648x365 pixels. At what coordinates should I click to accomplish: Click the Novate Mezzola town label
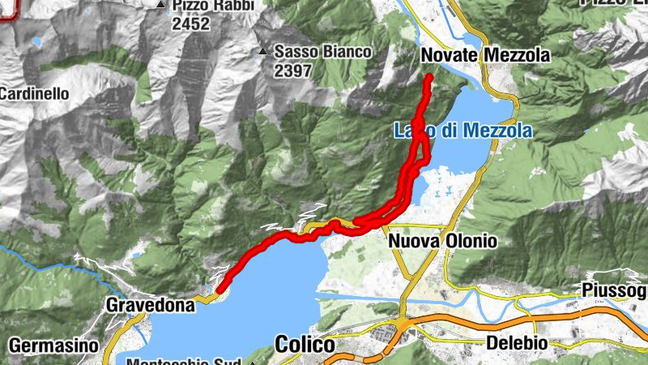tap(485, 55)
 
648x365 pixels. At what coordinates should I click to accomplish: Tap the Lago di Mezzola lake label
tap(463, 131)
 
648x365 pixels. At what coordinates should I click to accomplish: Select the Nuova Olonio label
tap(442, 242)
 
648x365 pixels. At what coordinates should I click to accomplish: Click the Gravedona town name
tap(151, 306)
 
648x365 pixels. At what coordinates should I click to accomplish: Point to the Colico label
tap(305, 344)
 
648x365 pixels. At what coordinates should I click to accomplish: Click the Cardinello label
tap(33, 93)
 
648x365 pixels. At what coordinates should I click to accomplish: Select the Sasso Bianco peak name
tap(322, 52)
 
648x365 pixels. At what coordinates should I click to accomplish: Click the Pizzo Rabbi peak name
tap(212, 6)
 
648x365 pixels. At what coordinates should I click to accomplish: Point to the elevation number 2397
tap(292, 71)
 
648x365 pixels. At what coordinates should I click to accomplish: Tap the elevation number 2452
tap(190, 24)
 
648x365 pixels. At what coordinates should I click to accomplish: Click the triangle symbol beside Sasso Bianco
tap(262, 53)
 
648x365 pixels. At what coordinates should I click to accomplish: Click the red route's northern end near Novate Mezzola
tap(429, 77)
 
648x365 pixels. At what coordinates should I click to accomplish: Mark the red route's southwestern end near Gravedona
tap(219, 287)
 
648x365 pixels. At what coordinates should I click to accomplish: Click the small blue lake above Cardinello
tap(36, 41)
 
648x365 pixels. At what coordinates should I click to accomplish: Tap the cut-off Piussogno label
tap(614, 290)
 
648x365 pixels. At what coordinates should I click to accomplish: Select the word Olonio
tap(470, 242)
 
